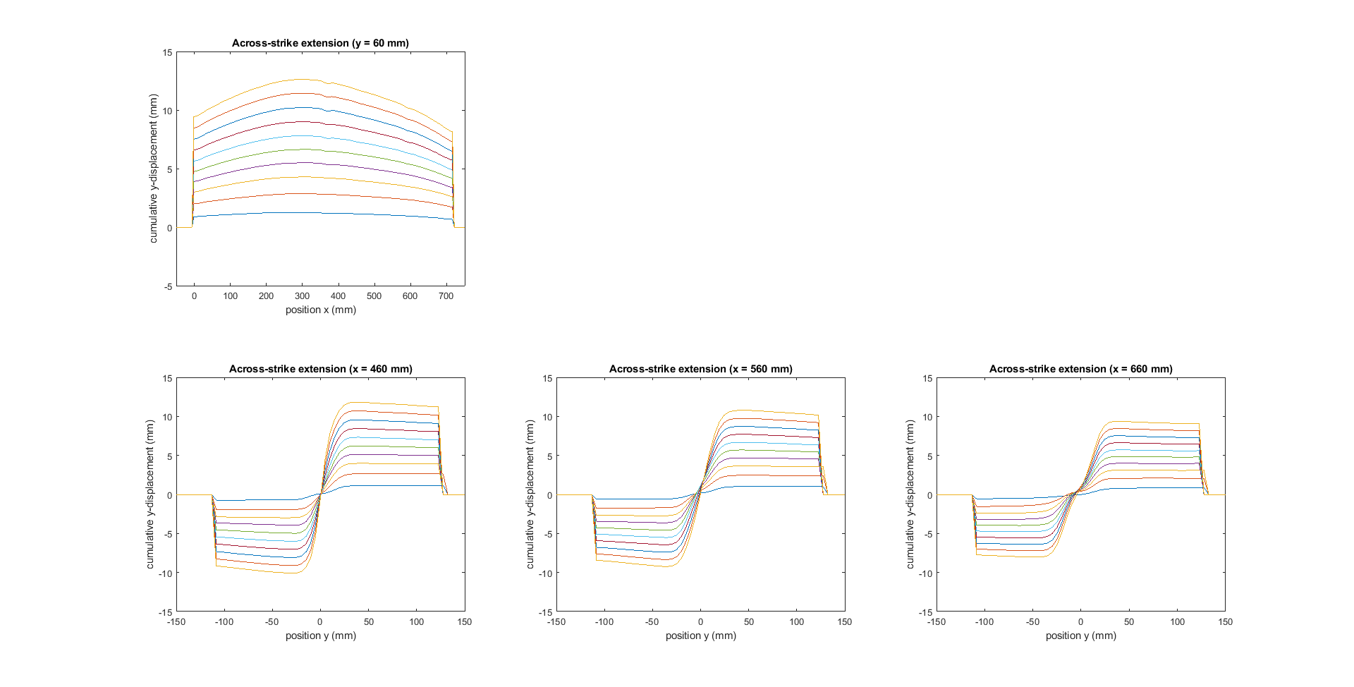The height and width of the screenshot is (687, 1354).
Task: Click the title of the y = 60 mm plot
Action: point(320,43)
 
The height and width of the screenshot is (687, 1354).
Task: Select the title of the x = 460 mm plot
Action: point(320,369)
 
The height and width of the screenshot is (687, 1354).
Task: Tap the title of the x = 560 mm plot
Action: point(700,369)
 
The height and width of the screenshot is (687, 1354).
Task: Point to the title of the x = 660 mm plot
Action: point(1080,369)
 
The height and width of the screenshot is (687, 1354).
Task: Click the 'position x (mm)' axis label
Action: point(320,310)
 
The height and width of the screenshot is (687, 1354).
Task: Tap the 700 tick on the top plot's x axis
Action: point(446,296)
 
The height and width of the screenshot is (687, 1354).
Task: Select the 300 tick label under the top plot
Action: point(302,296)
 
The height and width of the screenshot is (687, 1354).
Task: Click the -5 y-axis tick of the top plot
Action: point(168,286)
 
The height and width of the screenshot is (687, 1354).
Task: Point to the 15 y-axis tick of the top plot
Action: point(167,52)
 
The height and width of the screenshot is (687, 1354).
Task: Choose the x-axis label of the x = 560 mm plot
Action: point(700,636)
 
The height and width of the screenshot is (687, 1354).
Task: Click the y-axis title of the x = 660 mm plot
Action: point(910,494)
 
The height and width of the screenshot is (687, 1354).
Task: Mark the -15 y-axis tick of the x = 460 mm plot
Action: point(165,612)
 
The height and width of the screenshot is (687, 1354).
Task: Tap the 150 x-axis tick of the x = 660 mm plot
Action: point(1225,622)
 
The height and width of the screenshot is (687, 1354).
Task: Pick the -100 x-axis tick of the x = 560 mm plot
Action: point(604,622)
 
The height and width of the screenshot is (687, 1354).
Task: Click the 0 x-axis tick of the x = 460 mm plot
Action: point(320,622)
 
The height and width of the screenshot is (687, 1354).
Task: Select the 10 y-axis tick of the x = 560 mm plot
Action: point(547,417)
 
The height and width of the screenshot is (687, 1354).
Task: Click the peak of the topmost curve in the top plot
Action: point(302,79)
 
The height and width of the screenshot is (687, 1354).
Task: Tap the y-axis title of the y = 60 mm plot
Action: point(154,169)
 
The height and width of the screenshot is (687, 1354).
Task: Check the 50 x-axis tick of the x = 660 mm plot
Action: point(1129,622)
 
